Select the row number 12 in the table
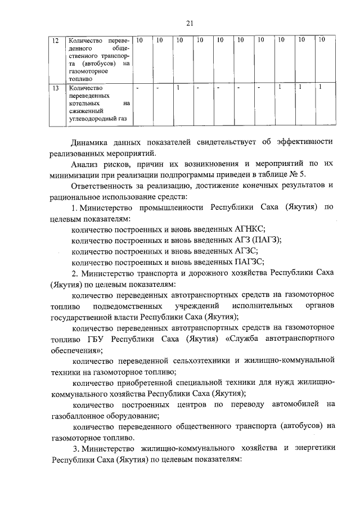[x=55, y=40]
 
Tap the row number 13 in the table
[x=55, y=88]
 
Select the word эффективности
[x=304, y=141]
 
